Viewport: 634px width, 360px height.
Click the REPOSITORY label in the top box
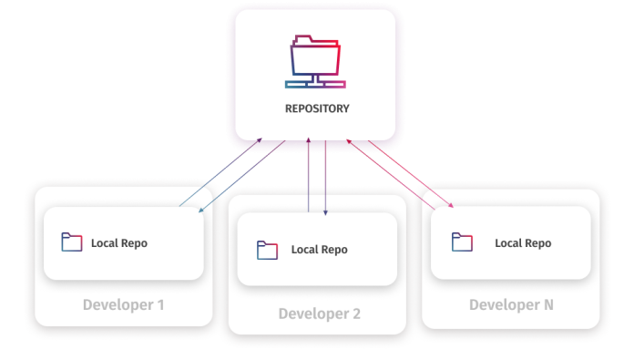315,108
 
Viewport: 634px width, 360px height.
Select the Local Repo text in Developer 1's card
118,243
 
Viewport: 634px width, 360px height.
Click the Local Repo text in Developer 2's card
319,250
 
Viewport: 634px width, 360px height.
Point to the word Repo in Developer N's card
537,243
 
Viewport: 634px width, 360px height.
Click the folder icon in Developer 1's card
71,242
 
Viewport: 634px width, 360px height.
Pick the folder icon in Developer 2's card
267,250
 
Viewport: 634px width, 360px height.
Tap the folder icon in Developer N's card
463,242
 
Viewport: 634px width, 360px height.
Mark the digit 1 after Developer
160,304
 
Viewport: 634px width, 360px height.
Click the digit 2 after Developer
356,314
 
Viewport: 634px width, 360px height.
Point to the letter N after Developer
547,304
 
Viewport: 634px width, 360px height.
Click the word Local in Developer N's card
507,243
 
